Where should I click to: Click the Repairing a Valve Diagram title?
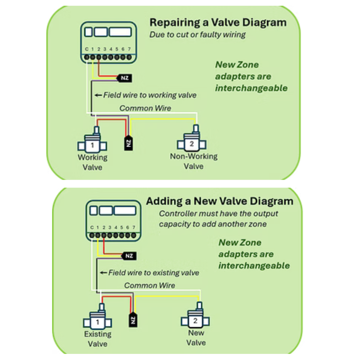click(218, 23)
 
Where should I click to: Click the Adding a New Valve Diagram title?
click(219, 201)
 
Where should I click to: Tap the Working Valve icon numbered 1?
click(93, 145)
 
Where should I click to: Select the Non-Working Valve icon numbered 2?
click(192, 144)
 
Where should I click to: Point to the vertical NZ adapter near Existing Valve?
click(133, 319)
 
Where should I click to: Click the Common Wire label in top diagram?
click(145, 108)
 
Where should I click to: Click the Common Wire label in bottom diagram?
click(150, 285)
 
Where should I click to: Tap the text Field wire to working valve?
click(150, 95)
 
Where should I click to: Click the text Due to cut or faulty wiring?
click(198, 35)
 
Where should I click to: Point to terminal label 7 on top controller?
click(129, 49)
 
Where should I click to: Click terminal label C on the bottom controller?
click(92, 228)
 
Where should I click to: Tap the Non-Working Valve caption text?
click(194, 161)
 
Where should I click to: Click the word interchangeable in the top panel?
click(251, 88)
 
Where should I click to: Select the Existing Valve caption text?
click(98, 339)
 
